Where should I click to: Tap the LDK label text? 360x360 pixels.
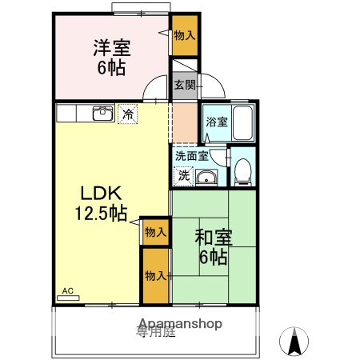(x=100, y=194)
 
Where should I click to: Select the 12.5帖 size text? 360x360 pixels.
(x=100, y=214)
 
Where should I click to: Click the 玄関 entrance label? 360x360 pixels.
(x=185, y=84)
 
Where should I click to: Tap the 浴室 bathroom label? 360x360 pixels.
(x=216, y=122)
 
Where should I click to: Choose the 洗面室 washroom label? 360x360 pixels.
(x=192, y=156)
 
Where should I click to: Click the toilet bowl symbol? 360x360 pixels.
(x=242, y=171)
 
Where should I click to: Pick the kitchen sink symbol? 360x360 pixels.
(x=102, y=113)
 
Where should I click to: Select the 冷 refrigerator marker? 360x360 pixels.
(x=127, y=114)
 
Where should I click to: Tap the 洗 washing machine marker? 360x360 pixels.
(x=184, y=174)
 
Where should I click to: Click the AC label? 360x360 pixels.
(x=67, y=291)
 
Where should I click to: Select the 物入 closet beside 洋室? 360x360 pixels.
(x=185, y=35)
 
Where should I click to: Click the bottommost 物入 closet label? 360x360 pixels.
(x=155, y=275)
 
